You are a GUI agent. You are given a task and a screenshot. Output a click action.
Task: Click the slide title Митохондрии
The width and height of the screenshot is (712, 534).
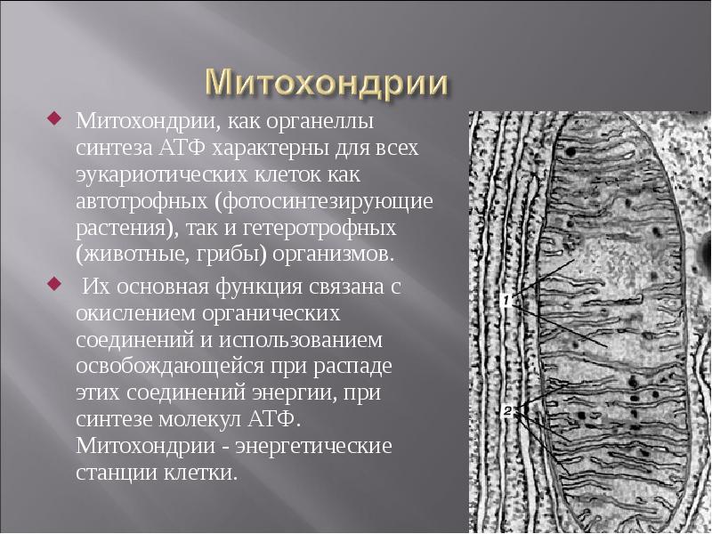327,83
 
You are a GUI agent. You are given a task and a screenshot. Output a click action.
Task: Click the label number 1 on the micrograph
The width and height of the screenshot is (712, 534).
505,300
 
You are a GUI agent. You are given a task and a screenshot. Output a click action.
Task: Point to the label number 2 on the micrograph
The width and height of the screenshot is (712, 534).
507,411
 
